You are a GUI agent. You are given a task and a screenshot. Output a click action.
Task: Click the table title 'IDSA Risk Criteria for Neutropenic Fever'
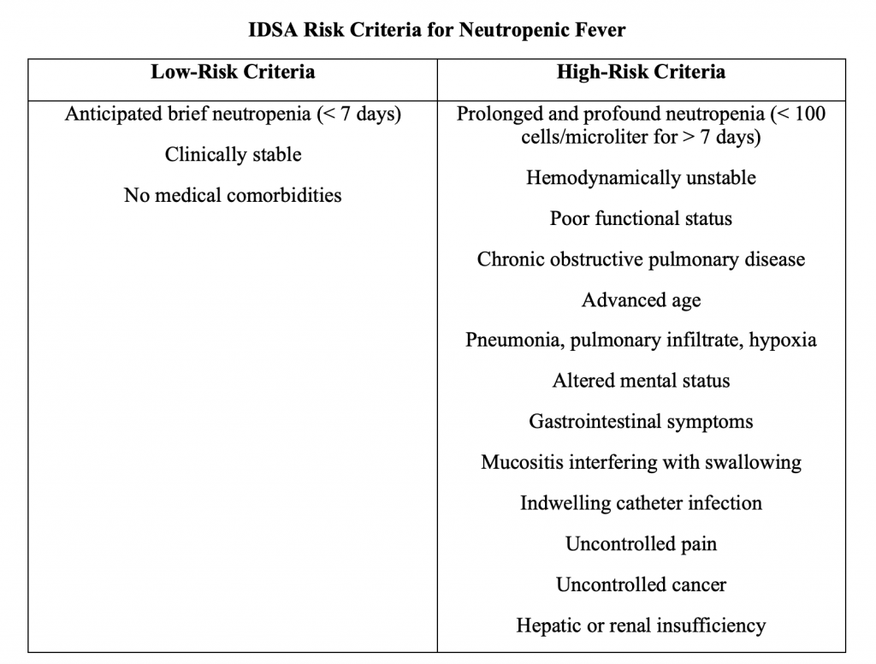437,31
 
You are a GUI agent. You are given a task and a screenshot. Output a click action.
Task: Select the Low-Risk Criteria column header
233,72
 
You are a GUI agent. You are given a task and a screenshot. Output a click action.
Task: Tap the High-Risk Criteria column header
641,72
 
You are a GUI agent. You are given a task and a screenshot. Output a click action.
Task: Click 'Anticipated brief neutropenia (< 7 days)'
233,115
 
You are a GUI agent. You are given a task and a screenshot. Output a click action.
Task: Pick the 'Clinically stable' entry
233,155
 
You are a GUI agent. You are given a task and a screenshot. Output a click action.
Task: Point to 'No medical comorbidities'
233,195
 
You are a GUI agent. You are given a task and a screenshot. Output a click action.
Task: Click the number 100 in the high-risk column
809,115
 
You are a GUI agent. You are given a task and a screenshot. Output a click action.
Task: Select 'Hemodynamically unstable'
641,178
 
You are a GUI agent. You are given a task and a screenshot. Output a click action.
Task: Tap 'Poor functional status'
641,218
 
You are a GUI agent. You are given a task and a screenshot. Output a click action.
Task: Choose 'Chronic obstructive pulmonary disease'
641,259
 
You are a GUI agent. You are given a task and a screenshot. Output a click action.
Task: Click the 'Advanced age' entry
641,300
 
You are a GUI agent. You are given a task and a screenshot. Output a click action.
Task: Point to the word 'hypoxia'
783,341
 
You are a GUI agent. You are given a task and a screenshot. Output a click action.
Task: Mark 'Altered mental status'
641,381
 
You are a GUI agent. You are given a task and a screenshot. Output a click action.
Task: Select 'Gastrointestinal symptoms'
641,422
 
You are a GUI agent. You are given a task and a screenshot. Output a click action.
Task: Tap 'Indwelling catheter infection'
641,503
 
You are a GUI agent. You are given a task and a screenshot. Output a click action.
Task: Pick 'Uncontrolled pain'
641,544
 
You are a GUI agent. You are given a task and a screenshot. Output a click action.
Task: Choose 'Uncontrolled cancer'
641,585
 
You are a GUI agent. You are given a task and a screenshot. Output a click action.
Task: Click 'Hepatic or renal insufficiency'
641,626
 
